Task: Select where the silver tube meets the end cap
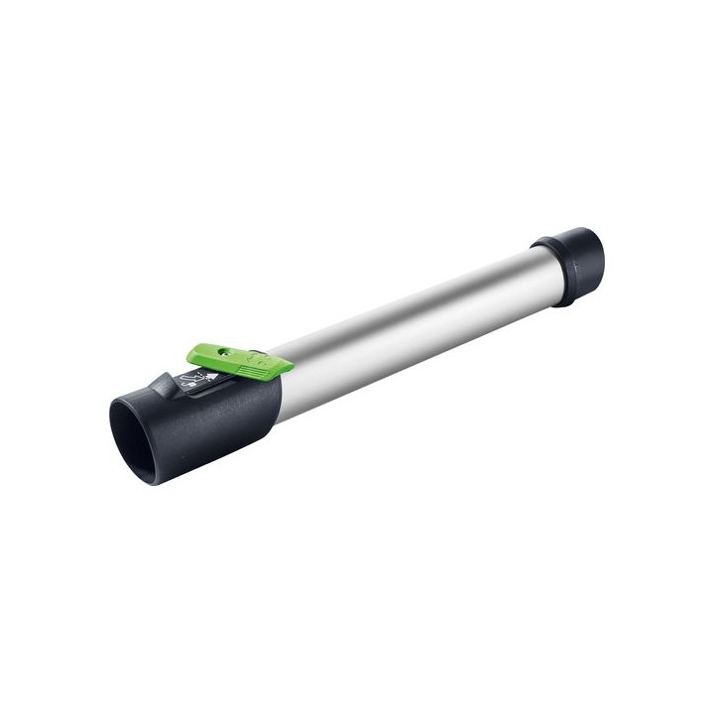click(x=540, y=273)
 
